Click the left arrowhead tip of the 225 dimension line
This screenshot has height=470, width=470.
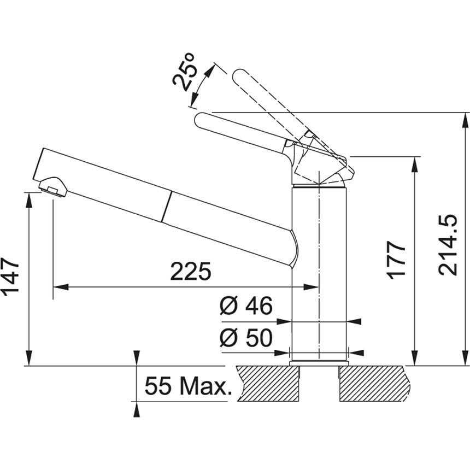53,287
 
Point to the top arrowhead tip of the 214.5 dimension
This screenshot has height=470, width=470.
466,113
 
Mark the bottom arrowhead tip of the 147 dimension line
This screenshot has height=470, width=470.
29,366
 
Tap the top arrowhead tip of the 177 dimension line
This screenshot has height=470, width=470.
415,157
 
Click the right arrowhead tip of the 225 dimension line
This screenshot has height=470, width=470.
319,287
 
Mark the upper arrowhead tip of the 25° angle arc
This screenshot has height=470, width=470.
215,63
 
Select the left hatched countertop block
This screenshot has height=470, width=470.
268,384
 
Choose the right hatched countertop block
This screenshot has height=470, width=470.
375,384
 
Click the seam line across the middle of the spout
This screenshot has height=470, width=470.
167,207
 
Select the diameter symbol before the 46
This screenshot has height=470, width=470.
229,305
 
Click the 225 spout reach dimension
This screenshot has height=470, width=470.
191,272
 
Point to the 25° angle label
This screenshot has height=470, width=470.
185,72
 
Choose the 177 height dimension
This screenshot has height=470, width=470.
397,260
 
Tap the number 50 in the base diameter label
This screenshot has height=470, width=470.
260,338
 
